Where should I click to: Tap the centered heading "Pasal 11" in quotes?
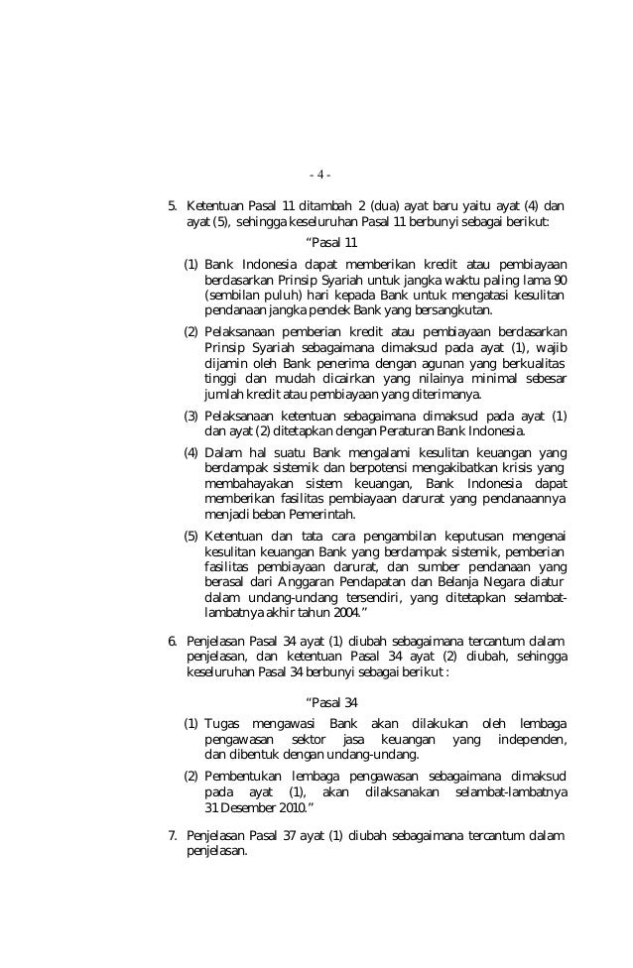click(332, 243)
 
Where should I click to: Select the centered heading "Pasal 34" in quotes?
click(332, 703)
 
